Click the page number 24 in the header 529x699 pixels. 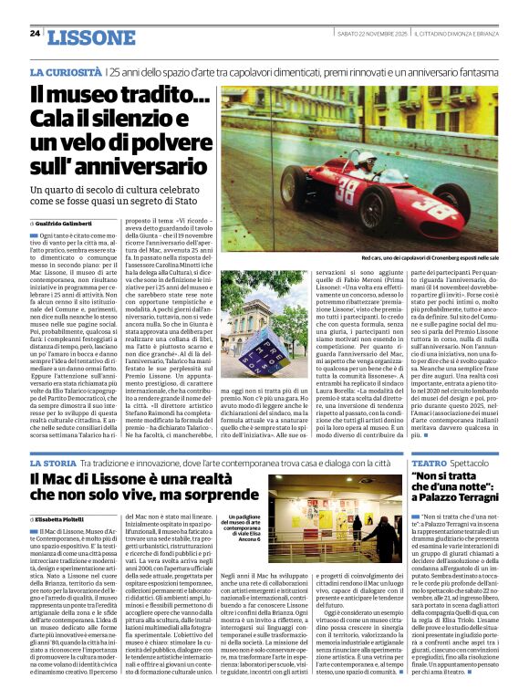(x=34, y=34)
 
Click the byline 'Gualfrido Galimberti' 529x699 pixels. (x=67, y=223)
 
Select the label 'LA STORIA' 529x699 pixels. (x=54, y=464)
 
